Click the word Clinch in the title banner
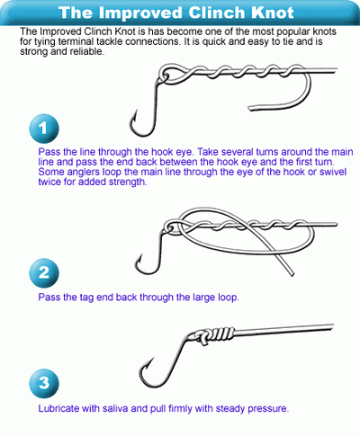(215, 13)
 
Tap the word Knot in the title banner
(272, 13)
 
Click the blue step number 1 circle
(44, 129)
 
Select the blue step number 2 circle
(44, 272)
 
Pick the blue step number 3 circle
(44, 383)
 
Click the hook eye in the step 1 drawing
(164, 76)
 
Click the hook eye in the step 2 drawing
(170, 227)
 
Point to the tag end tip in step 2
(292, 274)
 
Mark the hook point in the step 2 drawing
(141, 254)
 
